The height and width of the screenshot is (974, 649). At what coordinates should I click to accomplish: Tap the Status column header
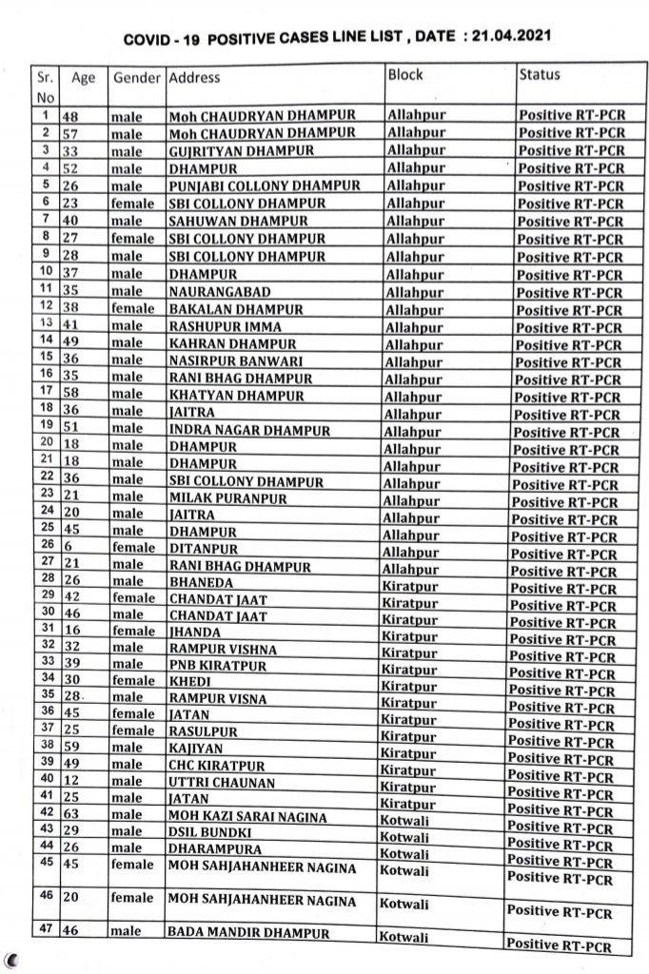tap(540, 74)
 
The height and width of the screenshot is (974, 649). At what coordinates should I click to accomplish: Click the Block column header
tap(405, 75)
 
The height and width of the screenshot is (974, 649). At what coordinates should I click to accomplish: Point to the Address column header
tap(194, 78)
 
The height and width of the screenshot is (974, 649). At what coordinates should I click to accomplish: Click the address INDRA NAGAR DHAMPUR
tap(249, 430)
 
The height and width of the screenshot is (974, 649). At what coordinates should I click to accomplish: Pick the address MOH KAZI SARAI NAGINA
tap(246, 817)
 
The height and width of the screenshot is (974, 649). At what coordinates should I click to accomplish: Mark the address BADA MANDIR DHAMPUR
tap(248, 933)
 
